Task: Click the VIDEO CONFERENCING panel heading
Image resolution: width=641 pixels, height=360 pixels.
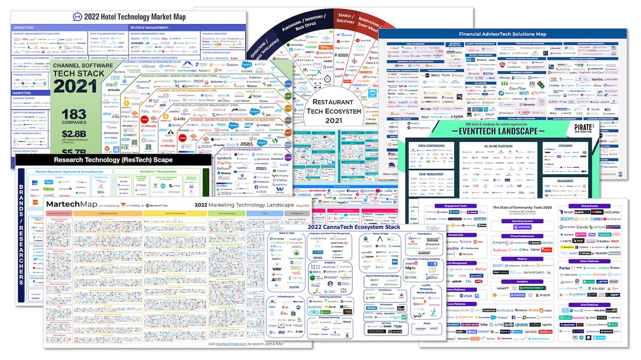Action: pyautogui.click(x=428, y=145)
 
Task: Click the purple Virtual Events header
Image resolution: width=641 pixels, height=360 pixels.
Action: pyautogui.click(x=589, y=206)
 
